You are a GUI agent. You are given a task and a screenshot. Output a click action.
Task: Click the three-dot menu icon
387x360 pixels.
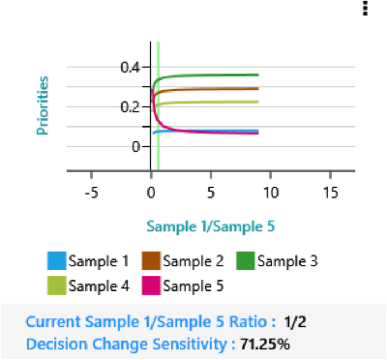point(365,7)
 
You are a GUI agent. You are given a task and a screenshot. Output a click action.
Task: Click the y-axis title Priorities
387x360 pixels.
point(42,106)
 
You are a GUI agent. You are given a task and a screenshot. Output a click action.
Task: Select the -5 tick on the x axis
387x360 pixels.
point(91,193)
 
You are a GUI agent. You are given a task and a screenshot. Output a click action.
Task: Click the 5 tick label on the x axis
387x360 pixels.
point(210,193)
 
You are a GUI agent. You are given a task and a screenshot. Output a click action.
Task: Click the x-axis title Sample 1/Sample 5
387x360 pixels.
point(211,226)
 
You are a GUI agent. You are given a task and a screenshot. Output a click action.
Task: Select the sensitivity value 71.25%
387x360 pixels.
point(267,343)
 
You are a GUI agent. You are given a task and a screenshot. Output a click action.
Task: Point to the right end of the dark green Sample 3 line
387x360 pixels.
point(258,74)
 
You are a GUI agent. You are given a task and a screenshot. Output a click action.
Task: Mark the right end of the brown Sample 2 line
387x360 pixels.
point(258,89)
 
